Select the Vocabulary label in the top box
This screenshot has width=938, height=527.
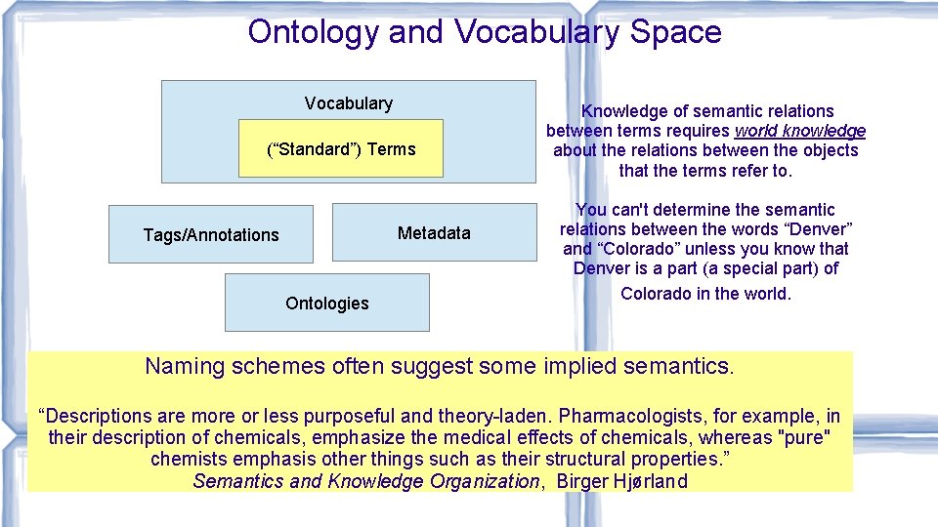tap(348, 103)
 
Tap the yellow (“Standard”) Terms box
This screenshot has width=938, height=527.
tap(341, 149)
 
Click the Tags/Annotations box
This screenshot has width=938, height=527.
tap(211, 234)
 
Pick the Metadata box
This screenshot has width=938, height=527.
tap(434, 233)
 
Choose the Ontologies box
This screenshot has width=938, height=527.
tap(326, 304)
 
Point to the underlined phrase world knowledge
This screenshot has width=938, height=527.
tap(799, 131)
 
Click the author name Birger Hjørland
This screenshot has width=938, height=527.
tap(621, 481)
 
